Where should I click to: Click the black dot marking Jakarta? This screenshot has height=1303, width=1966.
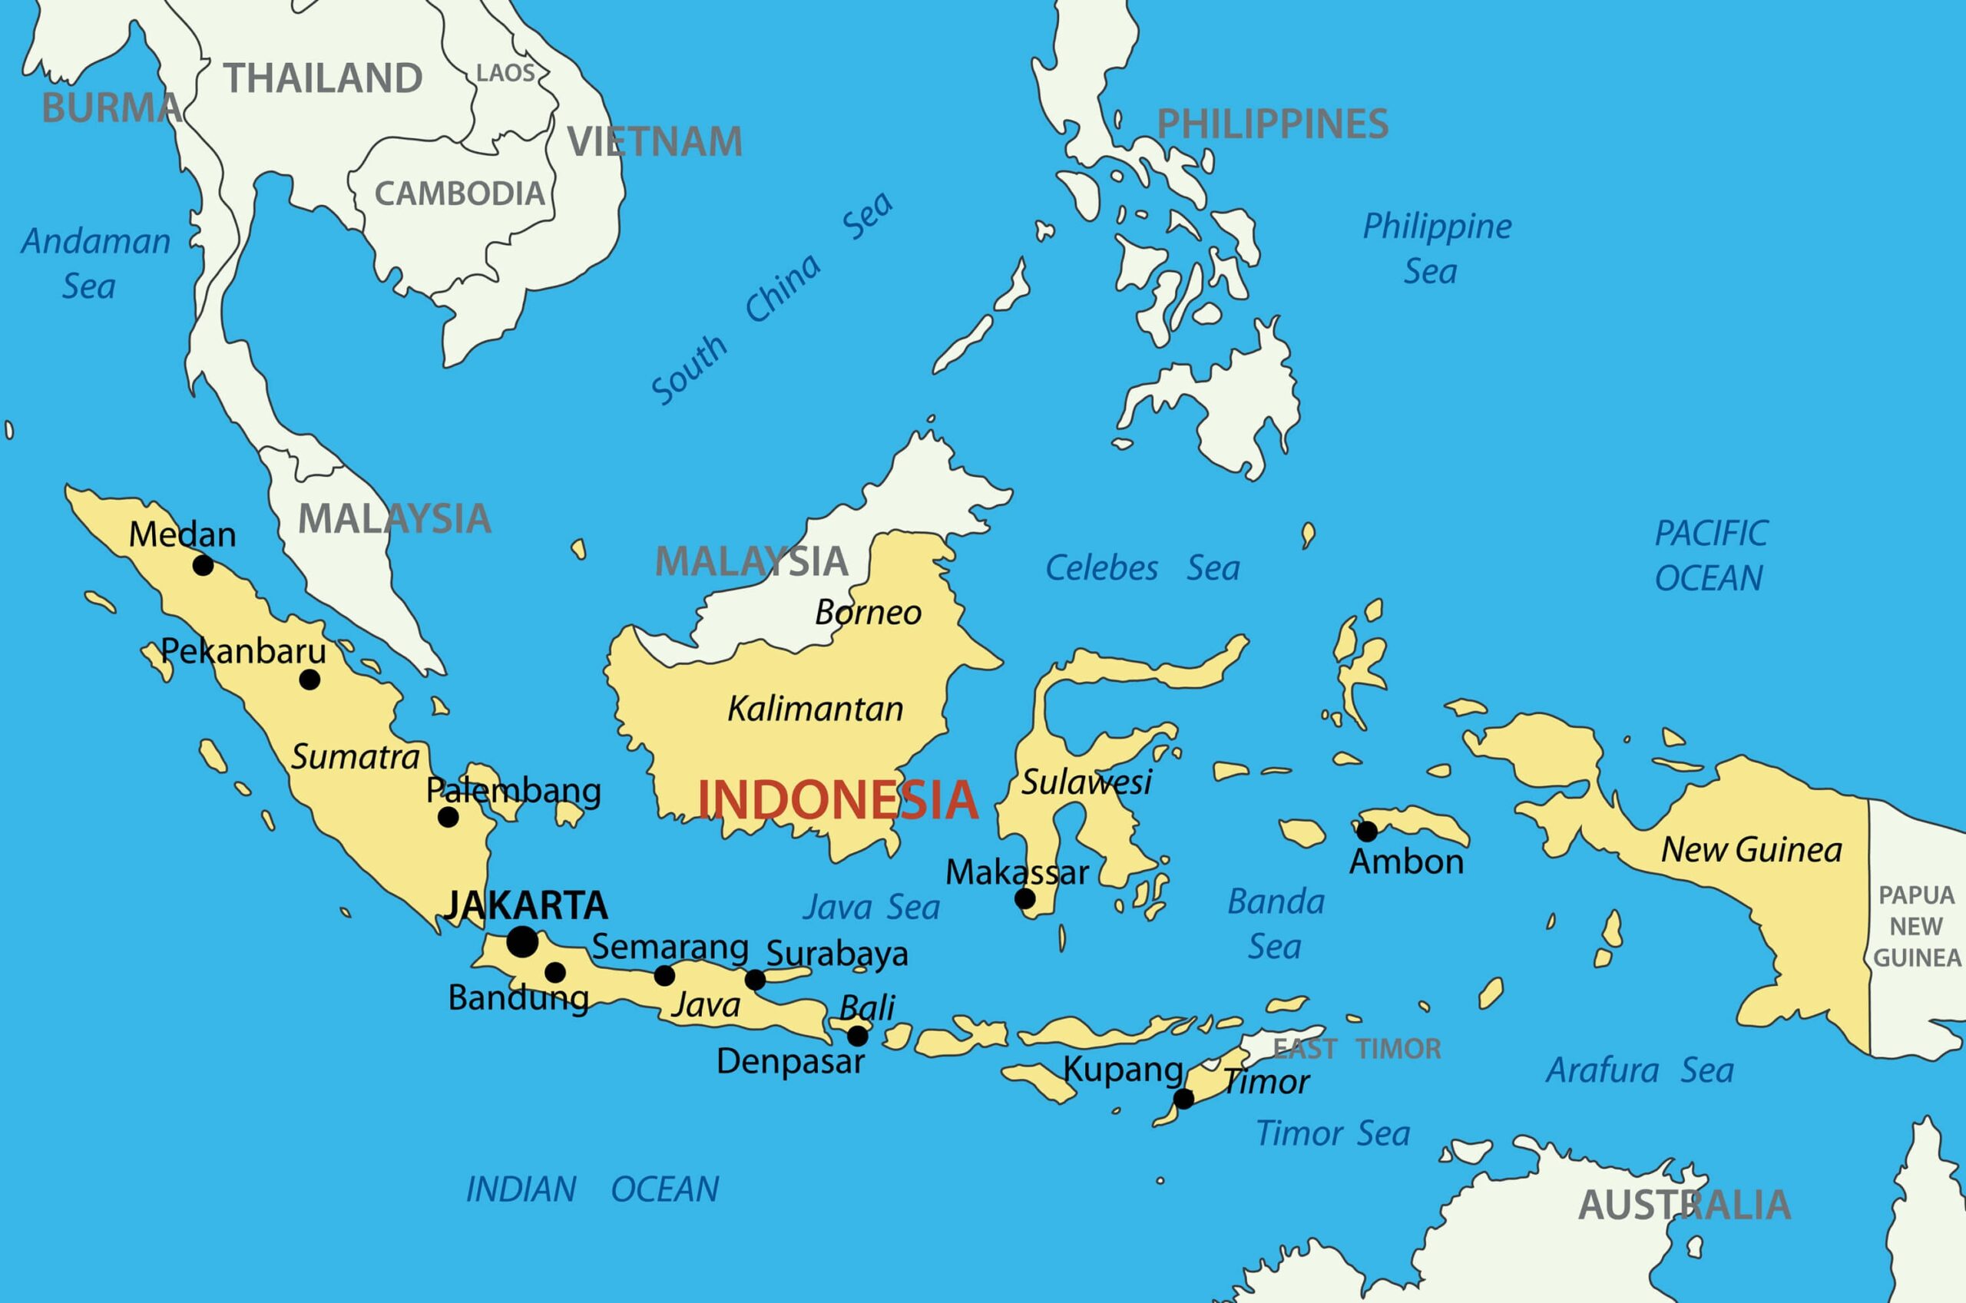point(521,942)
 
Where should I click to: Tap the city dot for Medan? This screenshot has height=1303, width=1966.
point(203,566)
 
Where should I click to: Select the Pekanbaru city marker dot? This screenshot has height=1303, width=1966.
point(309,680)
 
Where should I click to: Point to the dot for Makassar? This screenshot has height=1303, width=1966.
point(1024,898)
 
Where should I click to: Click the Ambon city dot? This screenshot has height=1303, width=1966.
point(1366,831)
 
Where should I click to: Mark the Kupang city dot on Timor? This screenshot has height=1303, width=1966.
point(1183,1100)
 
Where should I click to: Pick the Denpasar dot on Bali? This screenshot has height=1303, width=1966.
point(858,1037)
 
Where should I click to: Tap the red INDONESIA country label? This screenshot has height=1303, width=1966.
point(837,800)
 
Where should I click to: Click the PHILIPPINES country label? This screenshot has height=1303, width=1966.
point(1273,124)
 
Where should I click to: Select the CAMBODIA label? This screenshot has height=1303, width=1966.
point(459,194)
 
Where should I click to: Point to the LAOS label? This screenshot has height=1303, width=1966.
point(505,73)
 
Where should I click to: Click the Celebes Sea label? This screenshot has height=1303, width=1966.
point(1142,568)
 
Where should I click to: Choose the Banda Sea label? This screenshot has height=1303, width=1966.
point(1275,923)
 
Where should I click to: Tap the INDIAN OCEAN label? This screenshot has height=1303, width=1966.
point(591,1189)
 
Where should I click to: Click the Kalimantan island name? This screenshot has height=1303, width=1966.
point(815,709)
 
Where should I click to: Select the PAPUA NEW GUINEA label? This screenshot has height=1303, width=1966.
point(1916,926)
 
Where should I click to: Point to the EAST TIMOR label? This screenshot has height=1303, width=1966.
point(1356,1049)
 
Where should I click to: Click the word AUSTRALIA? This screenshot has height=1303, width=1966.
point(1683,1205)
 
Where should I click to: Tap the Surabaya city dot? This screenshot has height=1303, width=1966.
point(754,980)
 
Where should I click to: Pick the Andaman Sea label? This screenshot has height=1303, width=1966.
point(94,263)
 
